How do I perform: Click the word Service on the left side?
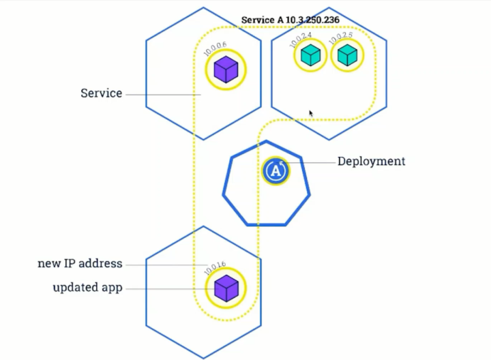click(101, 93)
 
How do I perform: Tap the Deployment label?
click(371, 162)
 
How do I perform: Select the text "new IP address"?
click(80, 263)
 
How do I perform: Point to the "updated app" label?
click(87, 288)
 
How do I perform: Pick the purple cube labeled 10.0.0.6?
click(225, 70)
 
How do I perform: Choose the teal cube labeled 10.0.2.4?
click(310, 55)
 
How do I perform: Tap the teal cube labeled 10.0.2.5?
click(347, 55)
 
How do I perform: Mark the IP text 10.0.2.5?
click(340, 38)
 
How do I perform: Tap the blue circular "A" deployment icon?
click(275, 170)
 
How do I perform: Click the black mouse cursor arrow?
click(312, 113)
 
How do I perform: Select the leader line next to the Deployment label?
click(311, 162)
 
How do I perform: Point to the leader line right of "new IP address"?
click(167, 265)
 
